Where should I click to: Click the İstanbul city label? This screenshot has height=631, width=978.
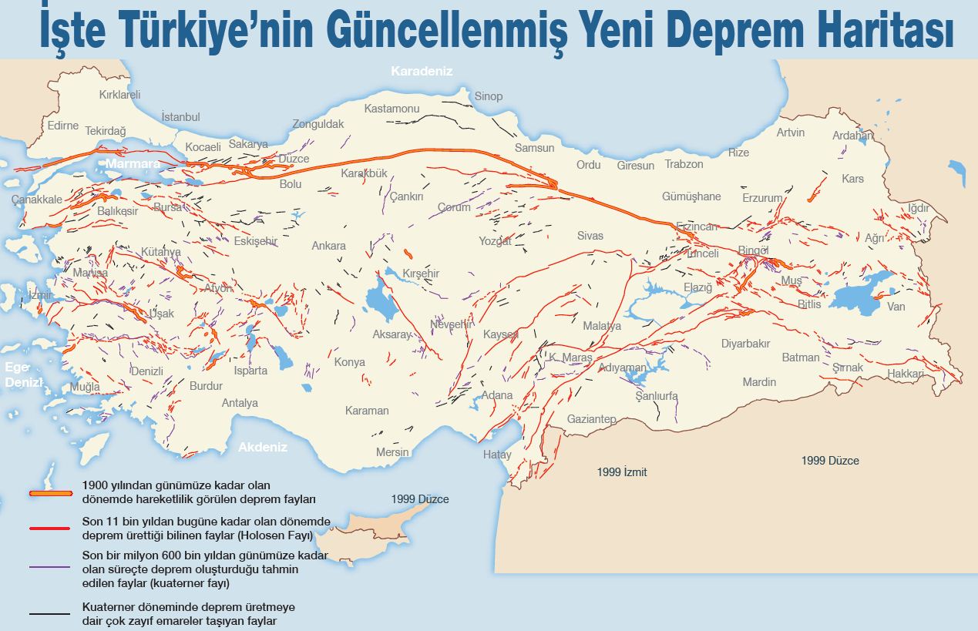(x=180, y=117)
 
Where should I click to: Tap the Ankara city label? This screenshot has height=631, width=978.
(x=328, y=246)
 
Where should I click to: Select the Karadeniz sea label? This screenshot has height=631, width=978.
(x=422, y=72)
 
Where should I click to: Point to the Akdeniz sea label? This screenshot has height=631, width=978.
(x=262, y=447)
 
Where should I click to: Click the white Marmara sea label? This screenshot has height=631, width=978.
(x=133, y=164)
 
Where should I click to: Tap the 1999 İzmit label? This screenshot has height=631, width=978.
(x=622, y=472)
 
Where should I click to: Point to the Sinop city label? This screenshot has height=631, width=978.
(x=488, y=96)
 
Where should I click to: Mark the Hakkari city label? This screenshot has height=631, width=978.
(x=905, y=374)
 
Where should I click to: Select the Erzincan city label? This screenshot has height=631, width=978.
(x=696, y=227)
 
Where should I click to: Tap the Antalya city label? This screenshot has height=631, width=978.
(x=240, y=403)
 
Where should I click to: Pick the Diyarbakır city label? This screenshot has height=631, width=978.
(x=745, y=344)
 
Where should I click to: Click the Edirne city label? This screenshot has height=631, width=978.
(x=63, y=126)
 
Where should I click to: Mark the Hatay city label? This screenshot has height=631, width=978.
(x=497, y=455)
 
